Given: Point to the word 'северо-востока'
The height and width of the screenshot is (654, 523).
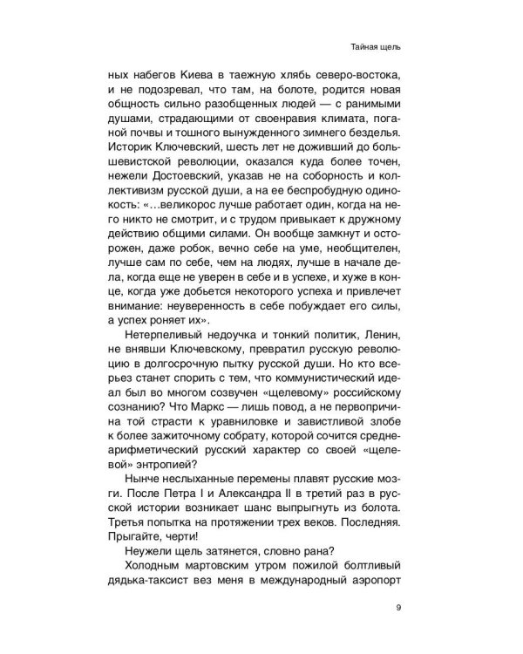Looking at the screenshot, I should (357, 74).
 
